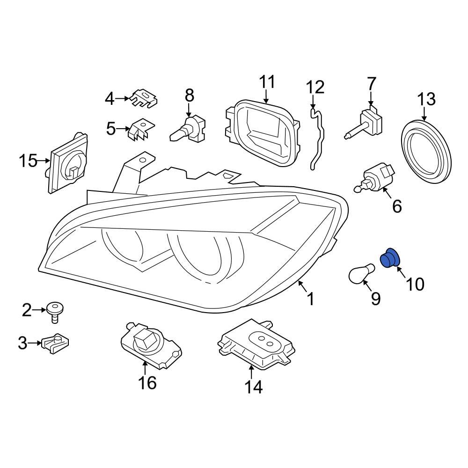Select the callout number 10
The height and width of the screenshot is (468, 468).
[x=415, y=284]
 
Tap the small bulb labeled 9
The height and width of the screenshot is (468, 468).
[x=362, y=273]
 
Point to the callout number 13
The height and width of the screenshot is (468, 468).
[x=426, y=99]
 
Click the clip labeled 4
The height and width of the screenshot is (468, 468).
[x=144, y=98]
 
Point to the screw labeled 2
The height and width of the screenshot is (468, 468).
[x=55, y=311]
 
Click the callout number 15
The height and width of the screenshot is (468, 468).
[x=28, y=161]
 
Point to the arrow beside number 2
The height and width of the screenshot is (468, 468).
[x=40, y=309]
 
